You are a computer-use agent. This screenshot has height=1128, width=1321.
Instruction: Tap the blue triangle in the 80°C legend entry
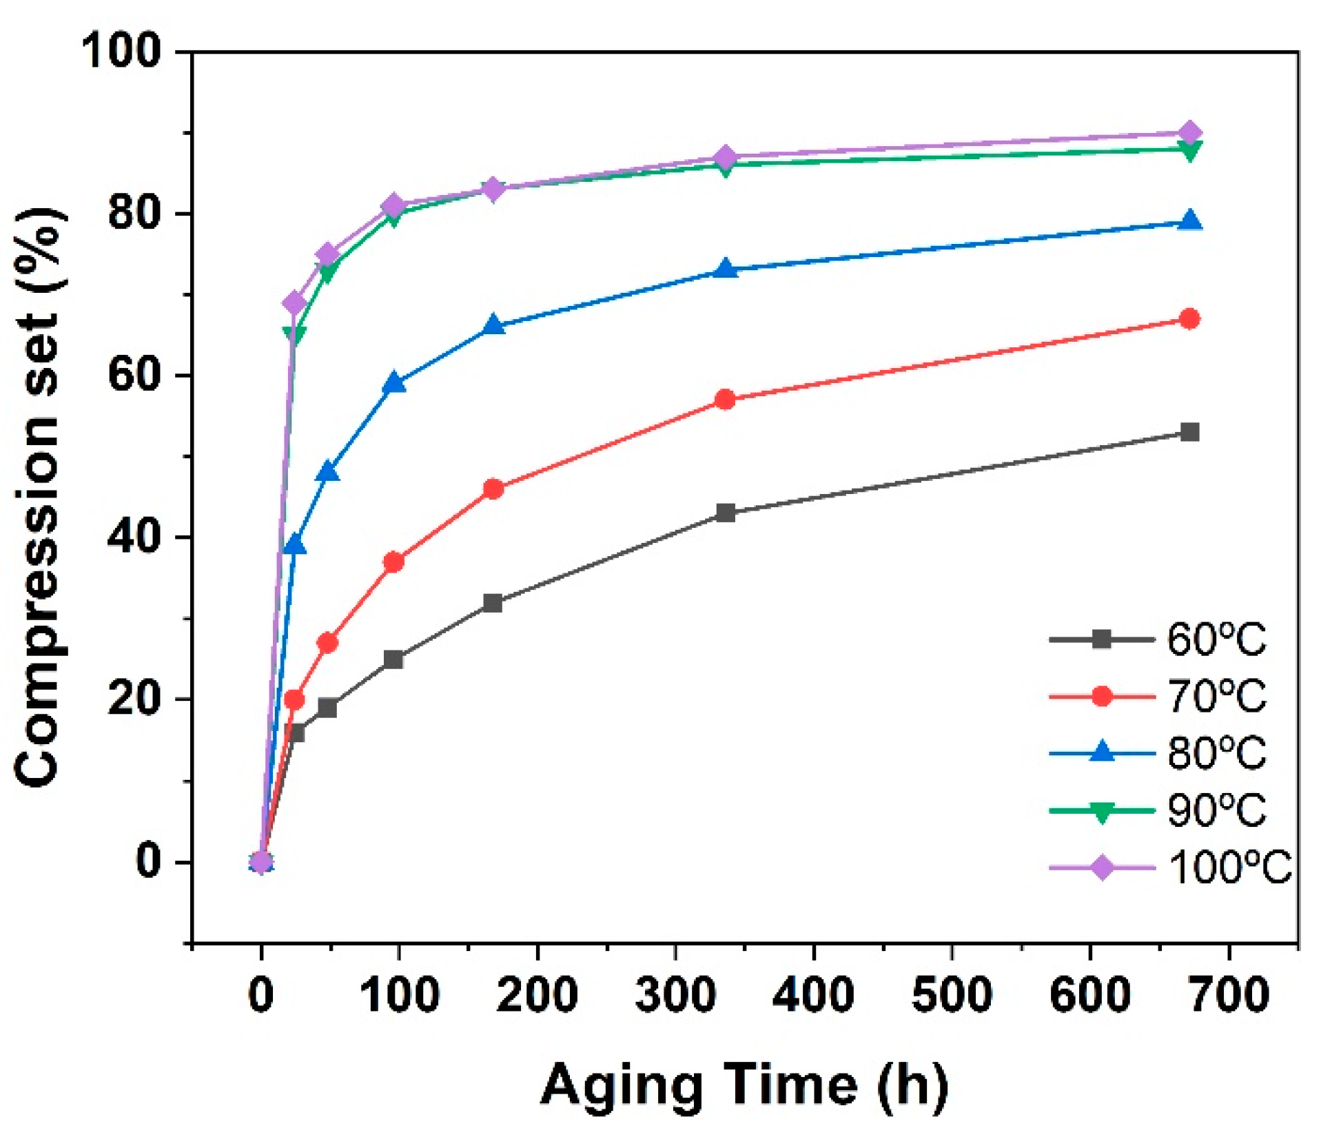pyautogui.click(x=1102, y=752)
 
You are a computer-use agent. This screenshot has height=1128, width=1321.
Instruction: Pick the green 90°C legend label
pyautogui.click(x=1216, y=810)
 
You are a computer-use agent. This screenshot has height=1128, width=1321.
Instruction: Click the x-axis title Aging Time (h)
pyautogui.click(x=744, y=1085)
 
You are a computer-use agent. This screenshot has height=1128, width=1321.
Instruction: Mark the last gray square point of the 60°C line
pyautogui.click(x=1189, y=433)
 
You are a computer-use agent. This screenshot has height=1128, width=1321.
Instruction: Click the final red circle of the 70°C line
pyautogui.click(x=1189, y=319)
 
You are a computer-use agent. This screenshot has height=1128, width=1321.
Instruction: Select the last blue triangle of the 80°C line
pyautogui.click(x=1189, y=221)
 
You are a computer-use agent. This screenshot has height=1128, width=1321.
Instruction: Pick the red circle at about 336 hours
pyautogui.click(x=725, y=400)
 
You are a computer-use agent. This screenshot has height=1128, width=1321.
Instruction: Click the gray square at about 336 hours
pyautogui.click(x=725, y=513)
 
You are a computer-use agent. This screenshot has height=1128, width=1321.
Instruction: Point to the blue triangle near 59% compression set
pyautogui.click(x=393, y=383)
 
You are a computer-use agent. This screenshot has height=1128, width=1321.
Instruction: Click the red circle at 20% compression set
pyautogui.click(x=294, y=700)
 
